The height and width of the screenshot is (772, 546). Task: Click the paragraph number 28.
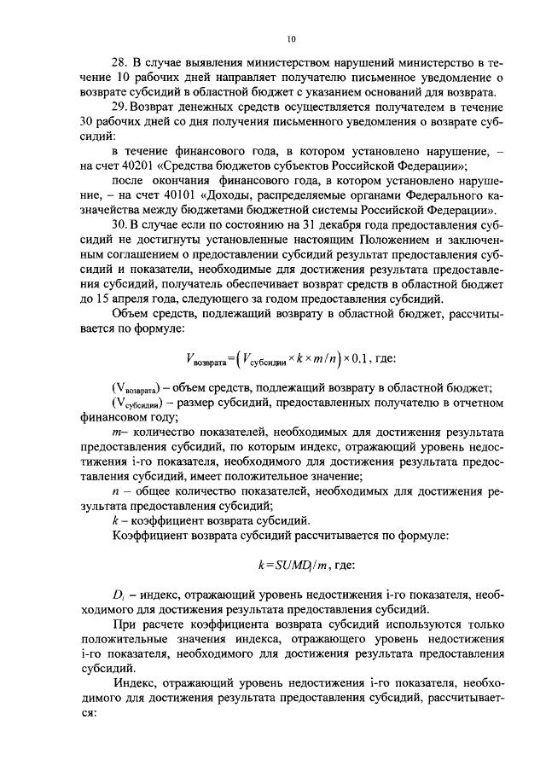pyautogui.click(x=120, y=64)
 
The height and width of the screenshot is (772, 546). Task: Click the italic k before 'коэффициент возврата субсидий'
pyautogui.click(x=115, y=520)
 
